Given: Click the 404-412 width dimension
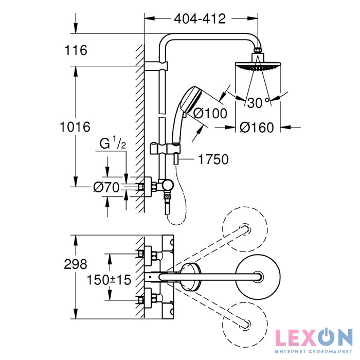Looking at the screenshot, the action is pyautogui.click(x=200, y=19).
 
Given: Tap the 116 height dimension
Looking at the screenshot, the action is pyautogui.click(x=76, y=50).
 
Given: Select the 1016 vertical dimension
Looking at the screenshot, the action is pyautogui.click(x=75, y=127).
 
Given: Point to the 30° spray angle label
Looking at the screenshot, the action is pyautogui.click(x=258, y=102).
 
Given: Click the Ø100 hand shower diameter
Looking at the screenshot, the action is pyautogui.click(x=210, y=113).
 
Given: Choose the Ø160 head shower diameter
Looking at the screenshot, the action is pyautogui.click(x=257, y=128).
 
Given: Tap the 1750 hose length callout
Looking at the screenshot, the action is pyautogui.click(x=213, y=159).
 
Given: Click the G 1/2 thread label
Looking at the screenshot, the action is pyautogui.click(x=113, y=144).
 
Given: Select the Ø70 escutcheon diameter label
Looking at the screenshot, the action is pyautogui.click(x=106, y=187).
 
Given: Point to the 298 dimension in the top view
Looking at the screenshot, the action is pyautogui.click(x=76, y=264).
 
